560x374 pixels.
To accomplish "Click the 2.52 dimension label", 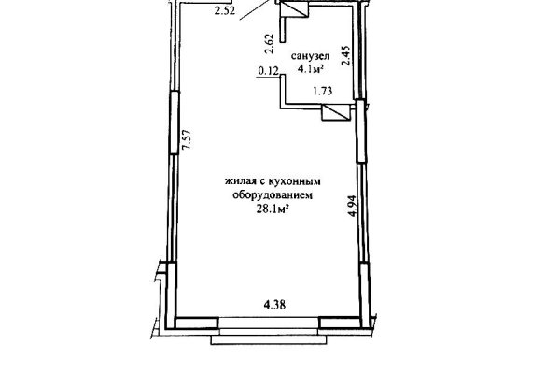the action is pos(225,10).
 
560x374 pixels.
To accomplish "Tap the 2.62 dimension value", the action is pos(270,44).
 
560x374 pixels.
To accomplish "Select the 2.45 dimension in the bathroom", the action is pos(346,56).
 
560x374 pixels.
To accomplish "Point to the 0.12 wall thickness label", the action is pos(268,71).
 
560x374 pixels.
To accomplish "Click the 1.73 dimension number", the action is pos(323,92).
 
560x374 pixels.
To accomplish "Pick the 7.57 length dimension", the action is pos(187,140).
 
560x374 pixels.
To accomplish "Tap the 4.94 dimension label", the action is pos(353,206).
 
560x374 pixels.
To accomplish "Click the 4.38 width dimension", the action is pos(274,305).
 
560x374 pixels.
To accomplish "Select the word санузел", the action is pos(310,56).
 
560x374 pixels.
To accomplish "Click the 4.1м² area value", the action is pos(311,68).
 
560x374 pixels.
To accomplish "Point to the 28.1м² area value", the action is pos(273,209).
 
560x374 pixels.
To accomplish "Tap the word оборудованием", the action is pos(273,195).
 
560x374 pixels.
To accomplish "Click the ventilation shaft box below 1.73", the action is pos(335,113).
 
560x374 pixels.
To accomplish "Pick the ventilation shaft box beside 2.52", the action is pos(294,9).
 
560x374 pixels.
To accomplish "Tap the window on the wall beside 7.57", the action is pos(174,122).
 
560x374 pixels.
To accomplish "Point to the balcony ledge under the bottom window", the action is pos(269,339).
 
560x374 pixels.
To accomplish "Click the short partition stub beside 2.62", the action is pos(283,30).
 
